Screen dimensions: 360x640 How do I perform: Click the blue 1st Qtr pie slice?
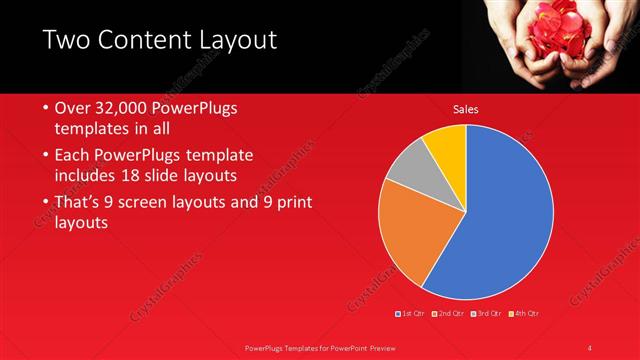pos(500,220)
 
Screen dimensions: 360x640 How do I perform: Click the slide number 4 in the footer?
pos(590,347)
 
